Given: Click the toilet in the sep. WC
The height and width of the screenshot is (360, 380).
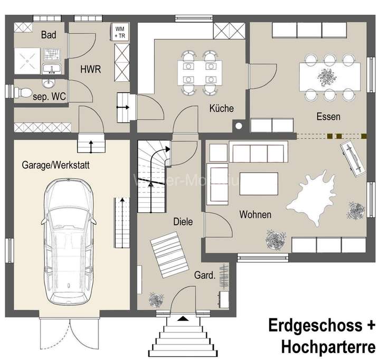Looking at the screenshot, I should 24,92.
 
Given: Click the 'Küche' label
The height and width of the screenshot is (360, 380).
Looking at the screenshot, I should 221,109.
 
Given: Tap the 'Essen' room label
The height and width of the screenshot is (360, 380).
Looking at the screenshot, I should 328,117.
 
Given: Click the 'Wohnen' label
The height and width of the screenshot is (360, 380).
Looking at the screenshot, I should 255,215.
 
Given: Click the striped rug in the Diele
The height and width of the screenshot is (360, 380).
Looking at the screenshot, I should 169,253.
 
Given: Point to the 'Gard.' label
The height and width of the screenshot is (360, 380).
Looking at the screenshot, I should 204,275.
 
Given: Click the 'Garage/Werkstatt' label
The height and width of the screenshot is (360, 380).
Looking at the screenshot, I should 55,165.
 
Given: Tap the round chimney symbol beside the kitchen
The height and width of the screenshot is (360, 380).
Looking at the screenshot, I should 240,126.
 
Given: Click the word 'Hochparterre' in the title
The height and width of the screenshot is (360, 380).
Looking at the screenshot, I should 328,347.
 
